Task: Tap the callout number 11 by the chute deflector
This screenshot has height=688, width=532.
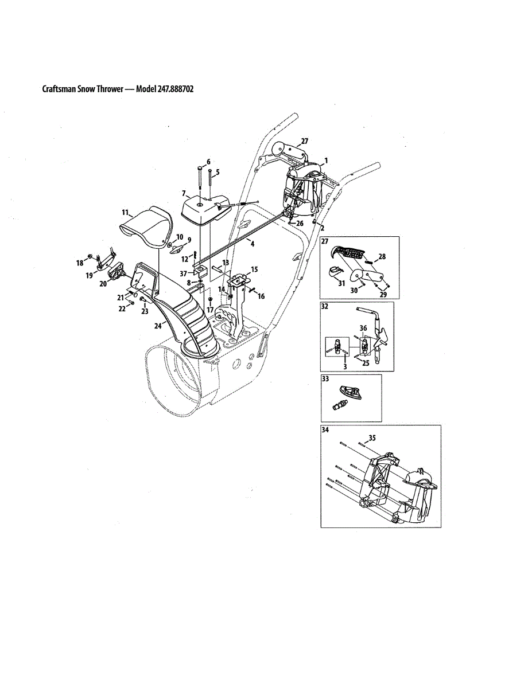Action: [x=125, y=212]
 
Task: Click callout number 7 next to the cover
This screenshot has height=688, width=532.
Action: [x=184, y=194]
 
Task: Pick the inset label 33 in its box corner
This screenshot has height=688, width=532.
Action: [x=325, y=378]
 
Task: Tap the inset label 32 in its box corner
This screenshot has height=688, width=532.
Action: [x=325, y=306]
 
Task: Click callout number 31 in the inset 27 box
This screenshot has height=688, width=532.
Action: [x=342, y=283]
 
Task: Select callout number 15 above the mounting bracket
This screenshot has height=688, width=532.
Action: [x=255, y=268]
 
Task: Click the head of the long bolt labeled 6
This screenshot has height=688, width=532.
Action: [x=199, y=167]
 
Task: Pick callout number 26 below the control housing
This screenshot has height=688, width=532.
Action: [x=299, y=223]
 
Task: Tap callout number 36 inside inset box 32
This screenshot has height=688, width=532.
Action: [x=363, y=329]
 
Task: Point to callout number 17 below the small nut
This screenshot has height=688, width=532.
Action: [x=211, y=310]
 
